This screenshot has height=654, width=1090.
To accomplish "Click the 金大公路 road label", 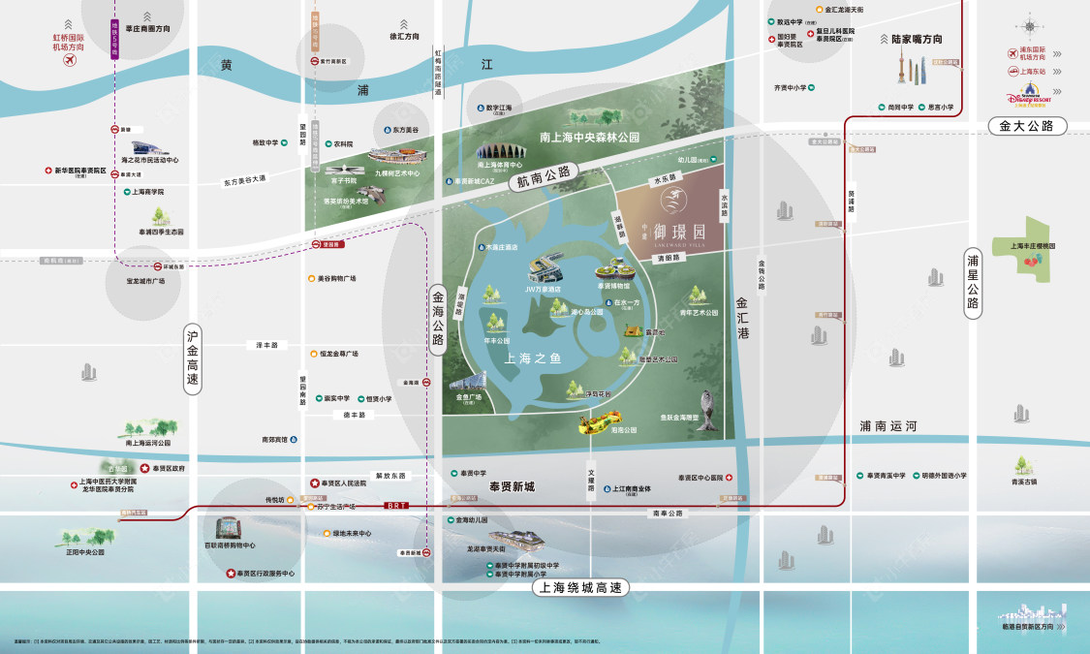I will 1027,126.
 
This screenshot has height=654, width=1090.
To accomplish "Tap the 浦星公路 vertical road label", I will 974,284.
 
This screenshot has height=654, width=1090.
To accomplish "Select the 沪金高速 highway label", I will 193,358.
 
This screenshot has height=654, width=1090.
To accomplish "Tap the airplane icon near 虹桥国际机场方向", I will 69,61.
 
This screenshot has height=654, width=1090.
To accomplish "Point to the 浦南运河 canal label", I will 887,425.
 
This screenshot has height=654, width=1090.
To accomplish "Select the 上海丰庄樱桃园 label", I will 1036,245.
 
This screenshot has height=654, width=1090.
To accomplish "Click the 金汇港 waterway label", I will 743,318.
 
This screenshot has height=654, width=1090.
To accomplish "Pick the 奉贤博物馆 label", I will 612,286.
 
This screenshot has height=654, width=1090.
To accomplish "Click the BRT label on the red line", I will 395,505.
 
